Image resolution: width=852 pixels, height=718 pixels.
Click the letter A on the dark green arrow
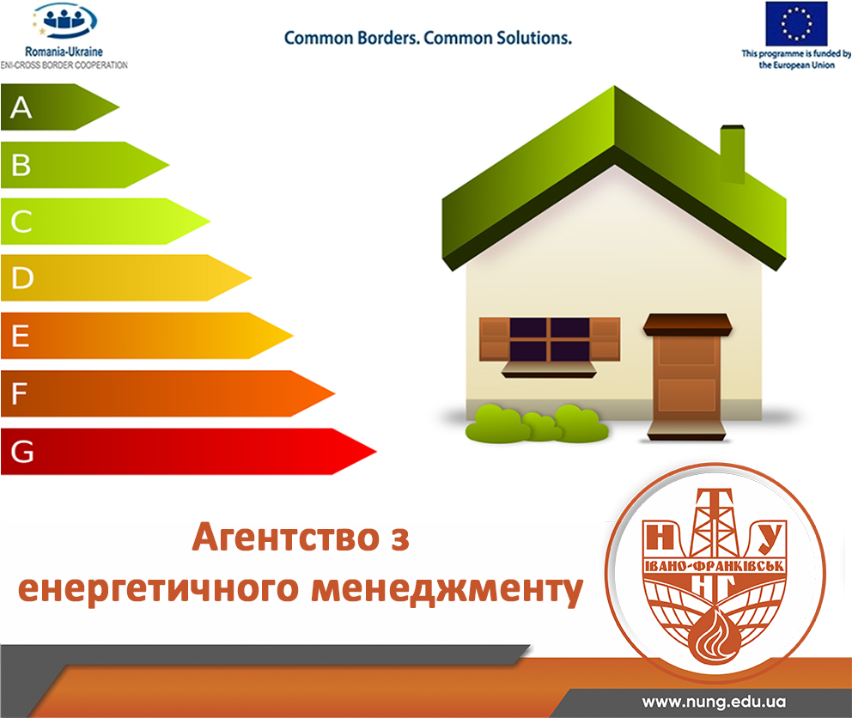(21, 107)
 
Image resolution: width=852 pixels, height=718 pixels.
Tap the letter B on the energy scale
(21, 165)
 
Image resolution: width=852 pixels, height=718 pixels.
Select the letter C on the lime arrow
(21, 222)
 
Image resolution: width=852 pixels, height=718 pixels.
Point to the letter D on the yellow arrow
(22, 277)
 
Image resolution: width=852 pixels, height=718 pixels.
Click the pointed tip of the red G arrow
(376, 451)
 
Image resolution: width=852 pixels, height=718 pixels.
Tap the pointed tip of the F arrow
(334, 393)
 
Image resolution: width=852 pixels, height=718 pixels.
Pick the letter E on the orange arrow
(20, 335)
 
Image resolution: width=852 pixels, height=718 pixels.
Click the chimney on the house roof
(732, 154)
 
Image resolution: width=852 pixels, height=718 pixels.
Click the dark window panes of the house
(550, 340)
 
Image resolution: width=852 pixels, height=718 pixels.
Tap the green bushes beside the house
(537, 423)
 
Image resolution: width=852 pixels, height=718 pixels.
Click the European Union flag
(796, 24)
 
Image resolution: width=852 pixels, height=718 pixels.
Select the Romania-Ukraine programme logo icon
(64, 21)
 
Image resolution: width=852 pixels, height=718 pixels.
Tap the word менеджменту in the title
(447, 589)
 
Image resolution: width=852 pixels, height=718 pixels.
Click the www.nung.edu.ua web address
(714, 702)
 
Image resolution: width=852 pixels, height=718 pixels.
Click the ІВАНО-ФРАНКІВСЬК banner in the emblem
(714, 566)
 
